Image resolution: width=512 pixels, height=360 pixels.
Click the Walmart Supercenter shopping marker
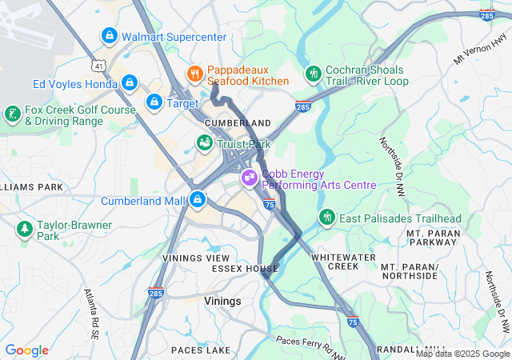[x=109, y=36]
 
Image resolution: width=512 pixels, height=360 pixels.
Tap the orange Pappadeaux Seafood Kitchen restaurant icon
[x=194, y=74]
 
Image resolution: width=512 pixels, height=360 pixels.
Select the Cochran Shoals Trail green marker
[x=314, y=74]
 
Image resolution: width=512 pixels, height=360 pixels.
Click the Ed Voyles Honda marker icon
[x=130, y=83]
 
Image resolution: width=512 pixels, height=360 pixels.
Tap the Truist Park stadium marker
[x=205, y=143]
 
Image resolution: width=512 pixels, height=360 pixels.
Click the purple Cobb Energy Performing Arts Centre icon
[x=249, y=175]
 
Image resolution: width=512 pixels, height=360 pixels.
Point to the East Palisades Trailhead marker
[x=326, y=218]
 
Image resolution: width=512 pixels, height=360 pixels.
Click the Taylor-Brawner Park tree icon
[x=24, y=230]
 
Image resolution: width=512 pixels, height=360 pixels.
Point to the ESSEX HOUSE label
[x=245, y=269]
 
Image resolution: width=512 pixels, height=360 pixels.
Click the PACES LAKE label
[x=201, y=350]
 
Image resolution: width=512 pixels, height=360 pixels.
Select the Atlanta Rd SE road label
[x=94, y=309]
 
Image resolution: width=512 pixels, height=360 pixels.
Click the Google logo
[x=27, y=350]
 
